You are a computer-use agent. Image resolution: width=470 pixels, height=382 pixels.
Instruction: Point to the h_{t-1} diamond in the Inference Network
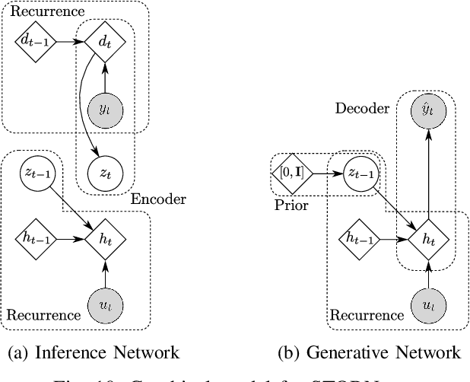pos(32,238)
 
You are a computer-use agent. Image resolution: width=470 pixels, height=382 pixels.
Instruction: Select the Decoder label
pos(361,107)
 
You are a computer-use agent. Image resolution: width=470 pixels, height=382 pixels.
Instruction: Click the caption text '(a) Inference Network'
pos(92,352)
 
